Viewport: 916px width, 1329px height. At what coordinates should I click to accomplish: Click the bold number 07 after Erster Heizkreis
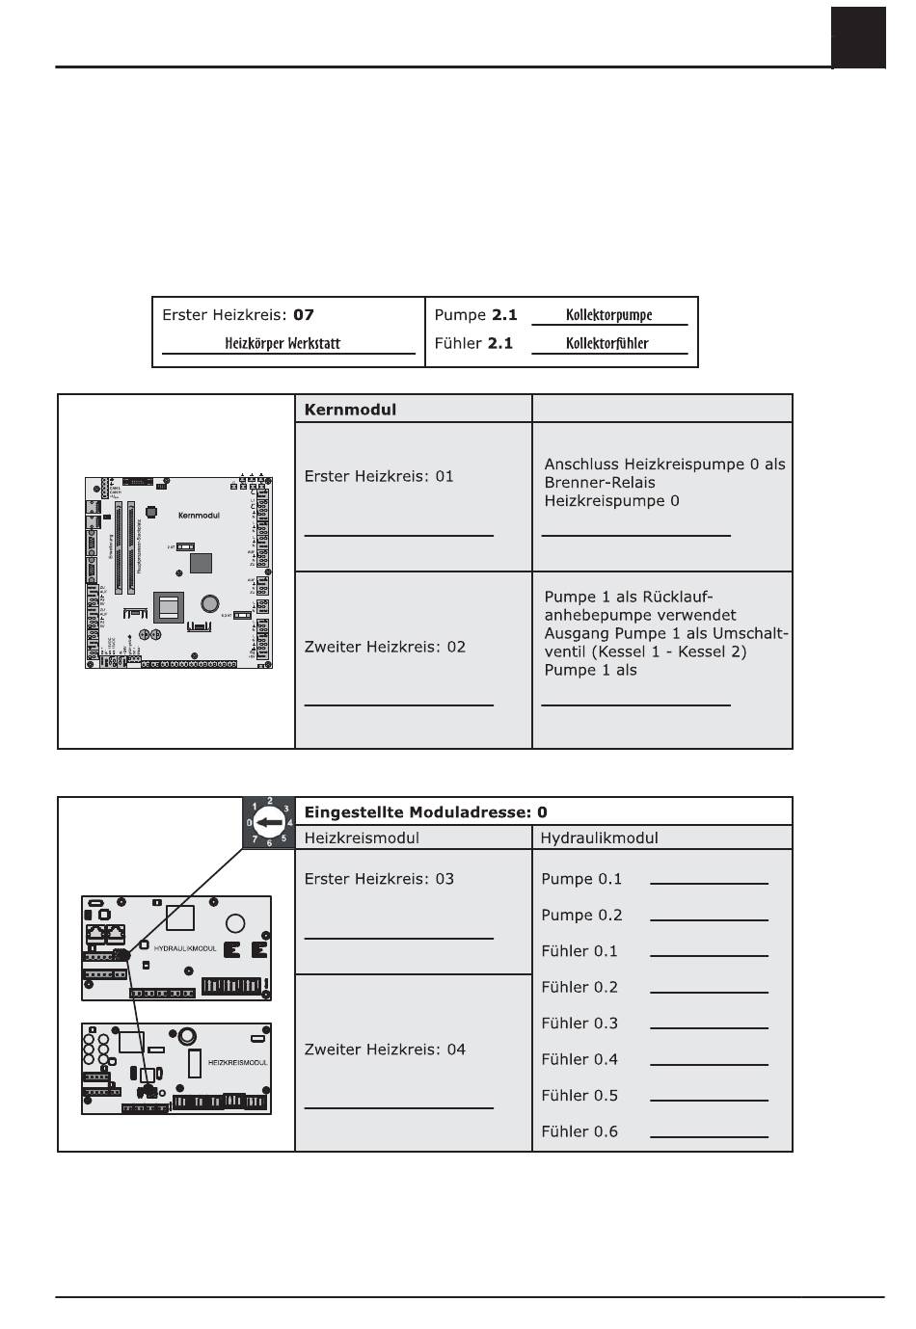pyautogui.click(x=304, y=315)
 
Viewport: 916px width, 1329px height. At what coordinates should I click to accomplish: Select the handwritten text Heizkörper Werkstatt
pyautogui.click(x=283, y=343)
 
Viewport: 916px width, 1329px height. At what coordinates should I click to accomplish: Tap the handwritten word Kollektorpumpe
pyautogui.click(x=609, y=315)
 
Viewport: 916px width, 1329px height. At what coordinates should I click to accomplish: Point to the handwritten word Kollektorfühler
pyautogui.click(x=607, y=343)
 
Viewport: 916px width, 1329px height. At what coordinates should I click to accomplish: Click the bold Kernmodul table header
pyautogui.click(x=350, y=409)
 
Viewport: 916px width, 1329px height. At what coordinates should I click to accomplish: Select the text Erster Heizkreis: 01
pyautogui.click(x=379, y=476)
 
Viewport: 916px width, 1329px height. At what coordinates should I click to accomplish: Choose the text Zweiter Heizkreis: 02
pyautogui.click(x=385, y=647)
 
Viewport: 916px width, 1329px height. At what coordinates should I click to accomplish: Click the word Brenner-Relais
pyautogui.click(x=600, y=483)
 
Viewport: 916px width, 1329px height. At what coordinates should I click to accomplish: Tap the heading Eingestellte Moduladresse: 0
pyautogui.click(x=425, y=812)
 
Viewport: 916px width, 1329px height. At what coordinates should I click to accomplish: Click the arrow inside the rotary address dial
pyautogui.click(x=270, y=823)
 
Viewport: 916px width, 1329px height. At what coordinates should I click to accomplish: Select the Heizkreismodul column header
pyautogui.click(x=362, y=838)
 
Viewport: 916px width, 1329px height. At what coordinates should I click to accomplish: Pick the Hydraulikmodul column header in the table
pyautogui.click(x=599, y=838)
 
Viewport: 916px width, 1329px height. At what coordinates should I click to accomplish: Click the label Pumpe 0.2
pyautogui.click(x=581, y=916)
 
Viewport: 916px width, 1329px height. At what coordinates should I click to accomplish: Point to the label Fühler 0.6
pyautogui.click(x=579, y=1131)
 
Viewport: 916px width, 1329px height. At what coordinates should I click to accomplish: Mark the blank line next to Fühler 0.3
pyautogui.click(x=709, y=1027)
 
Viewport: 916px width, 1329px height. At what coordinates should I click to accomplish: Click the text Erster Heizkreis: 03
pyautogui.click(x=379, y=879)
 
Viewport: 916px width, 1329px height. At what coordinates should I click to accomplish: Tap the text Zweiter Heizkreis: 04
pyautogui.click(x=385, y=1050)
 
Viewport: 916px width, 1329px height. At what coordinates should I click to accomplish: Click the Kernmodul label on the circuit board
pyautogui.click(x=199, y=516)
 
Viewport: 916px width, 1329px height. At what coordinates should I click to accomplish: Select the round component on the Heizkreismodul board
pyautogui.click(x=187, y=1036)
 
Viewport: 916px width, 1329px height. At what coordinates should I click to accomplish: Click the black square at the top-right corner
pyautogui.click(x=858, y=37)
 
